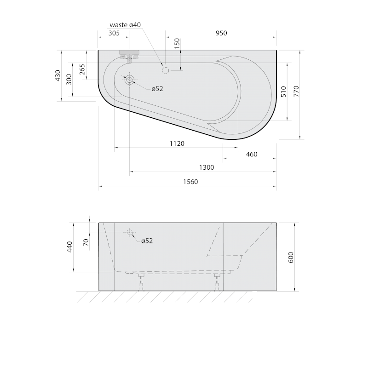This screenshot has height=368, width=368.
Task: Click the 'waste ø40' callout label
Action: click(125, 25)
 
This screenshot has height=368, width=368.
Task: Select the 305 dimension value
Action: click(114, 33)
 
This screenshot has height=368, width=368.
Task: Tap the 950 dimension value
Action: click(221, 33)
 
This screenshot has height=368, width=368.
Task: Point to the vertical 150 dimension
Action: click(177, 43)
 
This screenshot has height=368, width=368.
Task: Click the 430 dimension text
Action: click(58, 75)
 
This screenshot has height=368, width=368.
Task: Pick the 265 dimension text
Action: click(82, 69)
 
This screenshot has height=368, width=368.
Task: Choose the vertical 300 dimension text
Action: click(69, 79)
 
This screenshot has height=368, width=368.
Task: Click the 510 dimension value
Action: click(284, 92)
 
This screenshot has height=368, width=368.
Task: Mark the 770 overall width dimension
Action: click(296, 91)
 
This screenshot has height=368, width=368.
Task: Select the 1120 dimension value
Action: click(177, 144)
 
